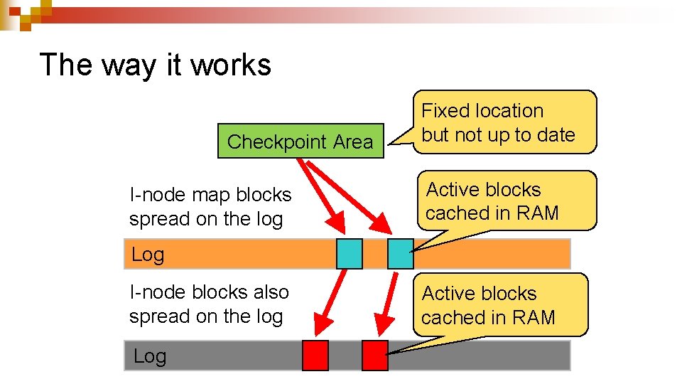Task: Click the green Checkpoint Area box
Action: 301,142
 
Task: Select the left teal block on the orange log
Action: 349,254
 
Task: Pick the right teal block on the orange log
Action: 400,254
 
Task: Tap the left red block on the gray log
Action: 315,356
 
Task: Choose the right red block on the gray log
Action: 374,356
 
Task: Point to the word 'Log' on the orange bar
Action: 148,255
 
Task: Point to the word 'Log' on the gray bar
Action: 149,356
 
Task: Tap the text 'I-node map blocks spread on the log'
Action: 210,207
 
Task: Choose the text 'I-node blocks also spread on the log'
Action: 209,304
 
